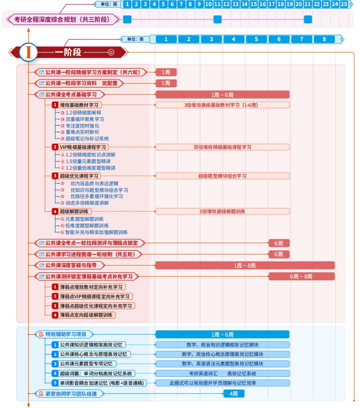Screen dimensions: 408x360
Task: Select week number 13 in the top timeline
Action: [x=235, y=4]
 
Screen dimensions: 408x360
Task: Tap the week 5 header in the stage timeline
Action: [x=256, y=39]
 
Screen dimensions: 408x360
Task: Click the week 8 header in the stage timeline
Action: [x=324, y=39]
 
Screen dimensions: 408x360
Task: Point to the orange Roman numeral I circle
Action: [x=28, y=52]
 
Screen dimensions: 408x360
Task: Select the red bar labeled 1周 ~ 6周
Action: [x=222, y=95]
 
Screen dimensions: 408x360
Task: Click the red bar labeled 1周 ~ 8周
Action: [x=245, y=266]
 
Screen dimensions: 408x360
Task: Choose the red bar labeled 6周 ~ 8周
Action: [x=302, y=276]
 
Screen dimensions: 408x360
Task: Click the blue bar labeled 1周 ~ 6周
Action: [x=222, y=334]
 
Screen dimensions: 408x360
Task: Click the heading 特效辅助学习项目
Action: [x=66, y=334]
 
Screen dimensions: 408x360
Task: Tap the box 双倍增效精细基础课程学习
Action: [x=222, y=147]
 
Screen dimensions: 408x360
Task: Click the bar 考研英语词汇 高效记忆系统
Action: [x=222, y=373]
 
